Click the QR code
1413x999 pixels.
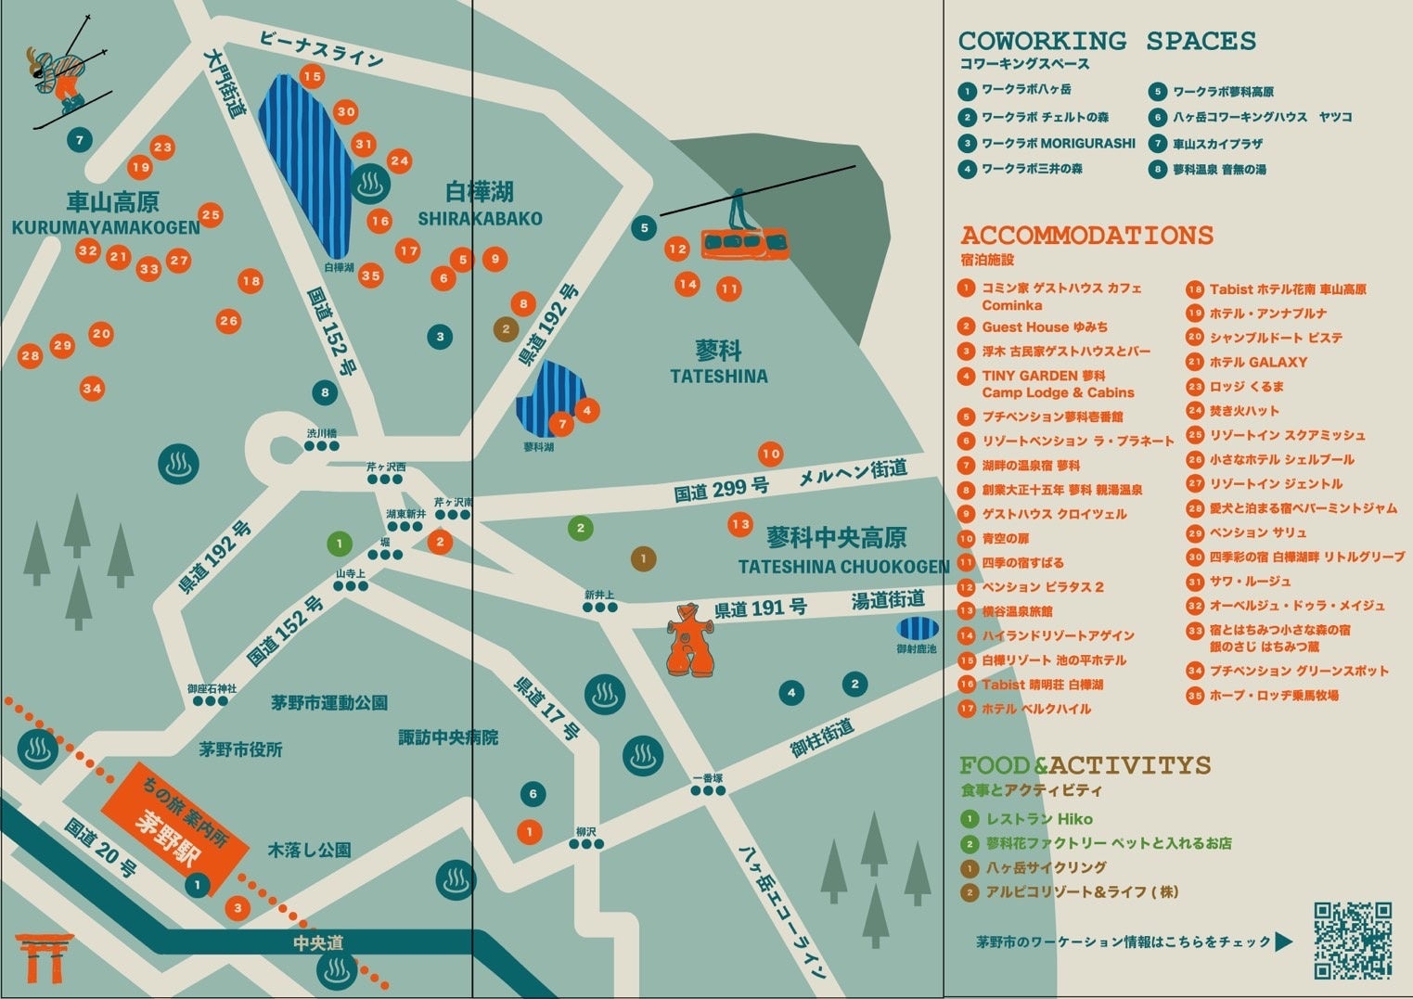[1353, 940]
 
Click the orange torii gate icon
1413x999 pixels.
[44, 958]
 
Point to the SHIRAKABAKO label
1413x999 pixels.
[480, 219]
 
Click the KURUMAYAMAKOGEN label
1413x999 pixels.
[106, 227]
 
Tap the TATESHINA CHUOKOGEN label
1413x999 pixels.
[843, 566]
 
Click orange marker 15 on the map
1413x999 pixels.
[312, 77]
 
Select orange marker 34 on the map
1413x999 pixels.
[92, 389]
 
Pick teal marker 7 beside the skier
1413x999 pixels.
[80, 140]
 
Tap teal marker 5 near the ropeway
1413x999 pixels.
[644, 227]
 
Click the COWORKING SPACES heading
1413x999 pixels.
[1107, 41]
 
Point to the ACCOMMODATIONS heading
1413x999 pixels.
[1086, 235]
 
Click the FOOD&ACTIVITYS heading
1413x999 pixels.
[1085, 765]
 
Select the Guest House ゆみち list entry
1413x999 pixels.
[1044, 327]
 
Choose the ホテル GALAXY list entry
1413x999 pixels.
[1257, 362]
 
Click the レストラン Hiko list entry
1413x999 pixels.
[1038, 819]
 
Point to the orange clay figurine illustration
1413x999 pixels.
[690, 640]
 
